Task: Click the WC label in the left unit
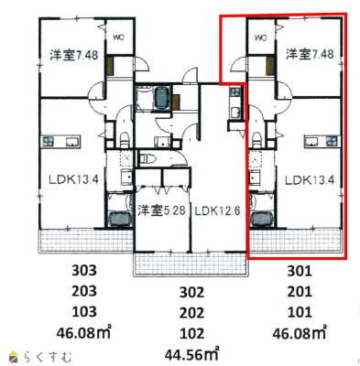coord(118,38)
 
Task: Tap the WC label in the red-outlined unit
coord(260,38)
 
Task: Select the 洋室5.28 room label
coord(161,210)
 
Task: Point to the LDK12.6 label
coord(217,210)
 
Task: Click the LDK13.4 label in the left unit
coord(73,179)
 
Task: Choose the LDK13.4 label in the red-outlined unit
coord(310,180)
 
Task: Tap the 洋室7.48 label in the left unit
coord(74,55)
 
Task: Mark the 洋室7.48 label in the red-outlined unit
coord(310,54)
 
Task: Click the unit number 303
coord(84,270)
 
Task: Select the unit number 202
coord(191,313)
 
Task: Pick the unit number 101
coord(300,312)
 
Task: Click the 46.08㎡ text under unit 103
coord(84,332)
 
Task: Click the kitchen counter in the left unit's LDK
coord(60,142)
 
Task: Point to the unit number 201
coord(300,291)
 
